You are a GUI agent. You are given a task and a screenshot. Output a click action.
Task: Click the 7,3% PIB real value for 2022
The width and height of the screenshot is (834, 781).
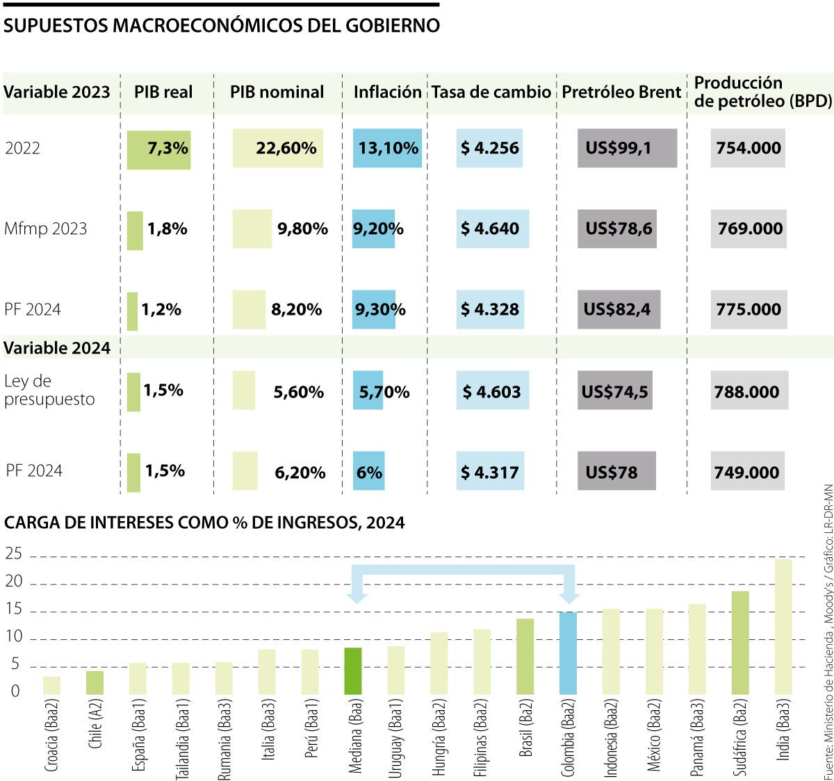click(167, 148)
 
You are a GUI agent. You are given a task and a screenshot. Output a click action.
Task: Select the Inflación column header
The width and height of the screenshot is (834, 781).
click(387, 92)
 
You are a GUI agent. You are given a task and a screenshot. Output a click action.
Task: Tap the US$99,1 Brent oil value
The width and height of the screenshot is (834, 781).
click(619, 148)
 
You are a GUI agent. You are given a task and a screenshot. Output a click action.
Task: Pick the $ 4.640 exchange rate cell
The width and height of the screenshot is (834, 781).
click(490, 229)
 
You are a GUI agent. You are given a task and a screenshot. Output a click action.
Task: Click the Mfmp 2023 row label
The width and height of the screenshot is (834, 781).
click(46, 229)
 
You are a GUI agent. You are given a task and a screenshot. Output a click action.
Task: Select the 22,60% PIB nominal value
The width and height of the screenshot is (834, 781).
click(286, 148)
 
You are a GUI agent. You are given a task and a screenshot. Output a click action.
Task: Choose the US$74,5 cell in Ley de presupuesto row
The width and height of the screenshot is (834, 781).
click(614, 392)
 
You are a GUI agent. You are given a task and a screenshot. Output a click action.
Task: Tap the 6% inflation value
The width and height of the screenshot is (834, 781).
click(369, 472)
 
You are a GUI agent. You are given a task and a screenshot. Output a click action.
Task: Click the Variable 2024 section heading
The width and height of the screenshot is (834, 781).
click(57, 348)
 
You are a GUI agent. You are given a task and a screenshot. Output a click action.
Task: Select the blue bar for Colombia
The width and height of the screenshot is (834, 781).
click(569, 653)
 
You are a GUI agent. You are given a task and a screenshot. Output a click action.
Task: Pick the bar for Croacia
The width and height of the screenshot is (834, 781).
click(51, 685)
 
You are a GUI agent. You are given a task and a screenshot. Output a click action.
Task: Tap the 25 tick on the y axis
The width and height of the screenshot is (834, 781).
click(14, 554)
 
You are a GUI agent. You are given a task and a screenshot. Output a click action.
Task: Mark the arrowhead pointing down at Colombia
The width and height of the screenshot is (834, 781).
click(569, 595)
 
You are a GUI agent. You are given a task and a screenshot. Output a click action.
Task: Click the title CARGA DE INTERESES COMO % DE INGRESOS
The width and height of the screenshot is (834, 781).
click(204, 523)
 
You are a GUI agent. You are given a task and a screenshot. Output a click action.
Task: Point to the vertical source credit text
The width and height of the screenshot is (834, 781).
click(827, 632)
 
